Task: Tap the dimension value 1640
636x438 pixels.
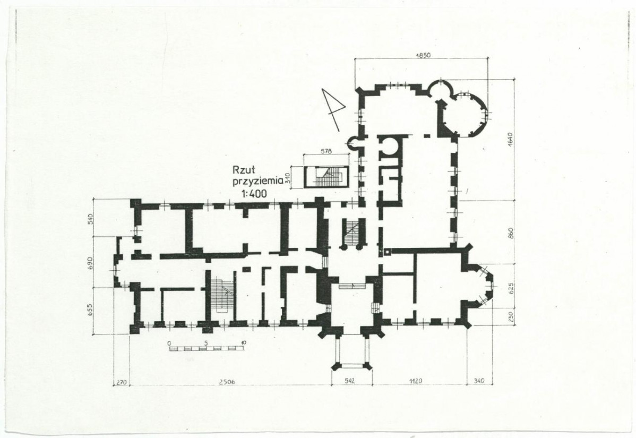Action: [x=510, y=139]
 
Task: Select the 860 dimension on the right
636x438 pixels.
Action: [x=510, y=233]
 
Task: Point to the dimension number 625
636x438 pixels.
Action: [x=510, y=288]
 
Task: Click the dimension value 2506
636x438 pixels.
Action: [x=227, y=381]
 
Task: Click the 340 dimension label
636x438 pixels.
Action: [x=479, y=381]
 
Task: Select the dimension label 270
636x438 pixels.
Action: [x=122, y=382]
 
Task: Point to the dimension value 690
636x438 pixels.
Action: [x=91, y=262]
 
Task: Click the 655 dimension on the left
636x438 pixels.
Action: [x=91, y=310]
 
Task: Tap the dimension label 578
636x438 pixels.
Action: [x=326, y=151]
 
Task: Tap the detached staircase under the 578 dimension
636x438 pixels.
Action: [x=326, y=177]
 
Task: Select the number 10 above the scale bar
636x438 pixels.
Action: [x=243, y=342]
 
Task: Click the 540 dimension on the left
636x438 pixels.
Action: [x=91, y=219]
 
